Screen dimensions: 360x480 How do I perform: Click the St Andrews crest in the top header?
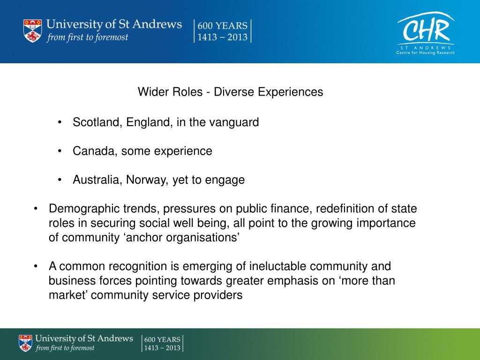coord(32,31)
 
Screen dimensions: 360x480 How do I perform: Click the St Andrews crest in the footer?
coord(26,343)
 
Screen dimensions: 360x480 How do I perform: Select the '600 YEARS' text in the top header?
coord(223,26)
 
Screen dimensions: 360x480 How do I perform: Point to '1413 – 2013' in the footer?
coord(162,348)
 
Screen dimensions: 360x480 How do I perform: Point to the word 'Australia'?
coord(97,180)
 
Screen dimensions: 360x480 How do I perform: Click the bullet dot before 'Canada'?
coord(60,151)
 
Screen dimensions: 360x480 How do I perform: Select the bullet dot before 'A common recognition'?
coord(36,267)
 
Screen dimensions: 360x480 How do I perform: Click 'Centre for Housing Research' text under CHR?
coord(426,52)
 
